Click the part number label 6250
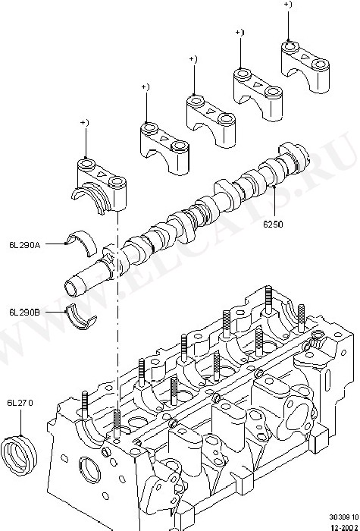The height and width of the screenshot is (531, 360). [x=273, y=225]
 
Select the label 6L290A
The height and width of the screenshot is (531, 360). [x=25, y=245]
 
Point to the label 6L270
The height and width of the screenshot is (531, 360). [x=20, y=403]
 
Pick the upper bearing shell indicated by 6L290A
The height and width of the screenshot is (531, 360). [x=82, y=242]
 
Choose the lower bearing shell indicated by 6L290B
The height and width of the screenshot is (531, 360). [x=80, y=317]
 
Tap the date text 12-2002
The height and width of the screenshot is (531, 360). [x=345, y=527]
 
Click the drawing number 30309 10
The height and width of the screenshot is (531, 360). [x=344, y=517]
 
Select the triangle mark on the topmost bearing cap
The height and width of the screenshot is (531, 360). [x=305, y=57]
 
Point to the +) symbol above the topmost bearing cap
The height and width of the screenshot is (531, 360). [x=288, y=5]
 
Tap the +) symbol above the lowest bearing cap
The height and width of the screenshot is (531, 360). [x=85, y=123]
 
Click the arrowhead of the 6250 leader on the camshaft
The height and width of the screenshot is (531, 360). [x=274, y=186]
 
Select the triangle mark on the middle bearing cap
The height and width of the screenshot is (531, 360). [x=211, y=112]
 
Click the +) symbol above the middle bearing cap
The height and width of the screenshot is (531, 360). [x=193, y=59]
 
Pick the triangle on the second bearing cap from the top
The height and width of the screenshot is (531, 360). [x=258, y=84]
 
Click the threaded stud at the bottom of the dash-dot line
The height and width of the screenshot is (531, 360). [x=117, y=424]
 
